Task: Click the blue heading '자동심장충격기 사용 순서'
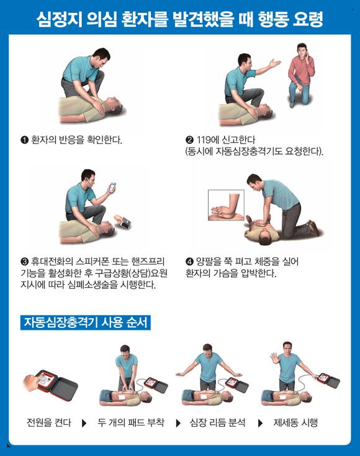pyautogui.click(x=85, y=323)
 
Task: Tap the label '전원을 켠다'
pyautogui.click(x=48, y=423)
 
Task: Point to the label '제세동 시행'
pyautogui.click(x=295, y=423)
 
